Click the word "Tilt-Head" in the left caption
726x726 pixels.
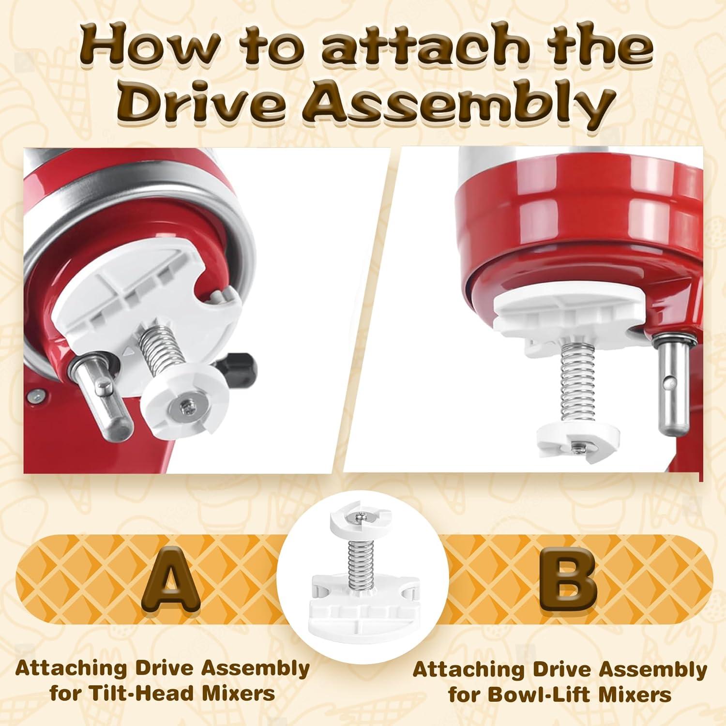(129, 693)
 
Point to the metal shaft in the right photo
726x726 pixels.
(670, 382)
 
